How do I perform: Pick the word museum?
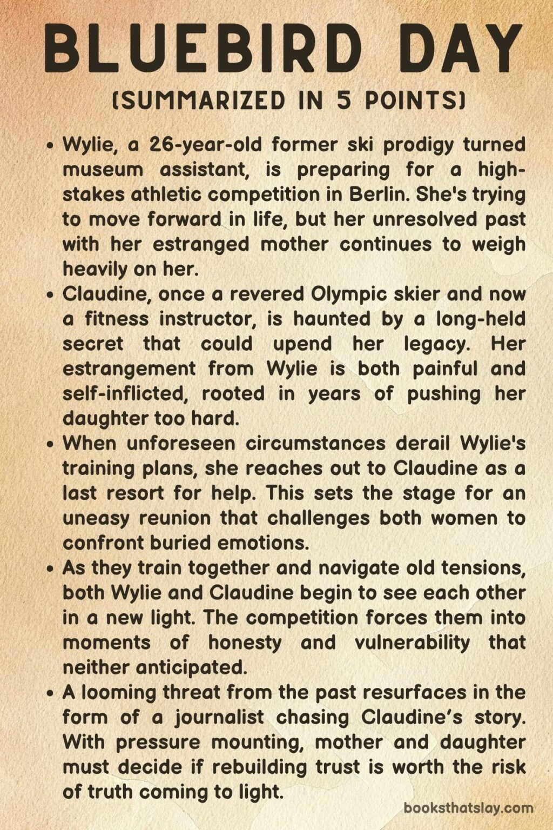pos(103,170)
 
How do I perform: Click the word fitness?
pos(117,319)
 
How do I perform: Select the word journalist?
pos(219,717)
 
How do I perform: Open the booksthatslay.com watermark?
pos(468,808)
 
